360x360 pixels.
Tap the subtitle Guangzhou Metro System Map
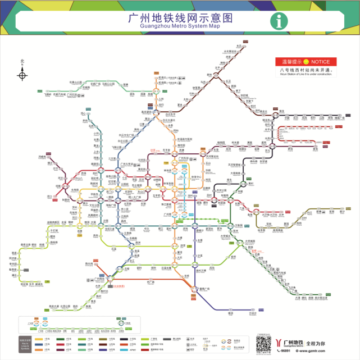(x=180, y=26)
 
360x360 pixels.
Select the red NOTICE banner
(x=308, y=61)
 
